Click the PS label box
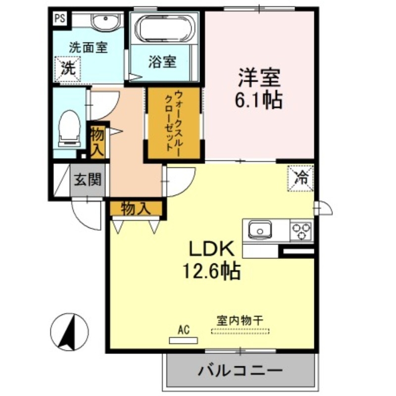coord(60,19)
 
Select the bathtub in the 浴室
coord(165,29)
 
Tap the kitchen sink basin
coord(259,230)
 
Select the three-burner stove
coord(301,230)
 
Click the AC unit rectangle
coord(183,340)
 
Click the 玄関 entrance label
coord(88,179)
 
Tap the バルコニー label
coord(241,370)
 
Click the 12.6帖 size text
coord(211,270)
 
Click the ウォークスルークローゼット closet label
coord(173,122)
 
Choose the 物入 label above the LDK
coord(135,208)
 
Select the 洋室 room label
coord(259,78)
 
